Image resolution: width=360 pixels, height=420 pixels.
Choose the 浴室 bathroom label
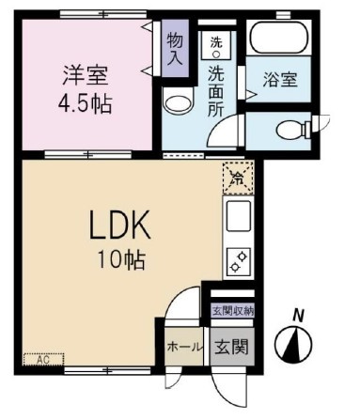click(x=279, y=79)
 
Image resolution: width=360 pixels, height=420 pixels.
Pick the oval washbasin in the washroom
click(x=175, y=101)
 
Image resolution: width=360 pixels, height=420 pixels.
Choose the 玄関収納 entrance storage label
click(x=230, y=310)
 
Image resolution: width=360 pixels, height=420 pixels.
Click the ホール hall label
click(x=185, y=347)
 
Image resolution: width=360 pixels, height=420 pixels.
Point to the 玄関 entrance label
click(x=230, y=346)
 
